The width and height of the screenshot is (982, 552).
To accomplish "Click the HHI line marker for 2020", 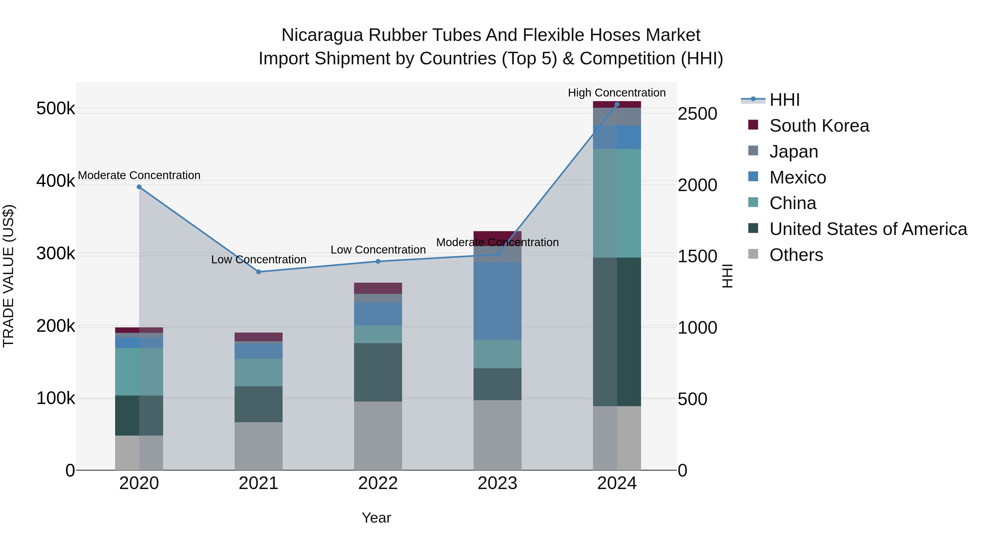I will [x=139, y=187].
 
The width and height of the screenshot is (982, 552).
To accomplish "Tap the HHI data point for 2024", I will [x=617, y=104].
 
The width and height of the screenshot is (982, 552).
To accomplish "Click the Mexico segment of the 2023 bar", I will [x=498, y=301].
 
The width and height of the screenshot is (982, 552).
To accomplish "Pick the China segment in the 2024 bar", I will [x=617, y=203].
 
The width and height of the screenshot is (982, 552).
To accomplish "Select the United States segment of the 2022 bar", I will [x=378, y=372].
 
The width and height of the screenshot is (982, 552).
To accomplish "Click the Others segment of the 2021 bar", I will [x=259, y=446].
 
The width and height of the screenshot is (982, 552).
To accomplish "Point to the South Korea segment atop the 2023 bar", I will [x=498, y=236].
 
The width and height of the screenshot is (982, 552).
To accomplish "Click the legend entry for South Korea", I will [x=819, y=126].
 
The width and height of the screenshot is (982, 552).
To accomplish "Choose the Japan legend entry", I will [x=794, y=152].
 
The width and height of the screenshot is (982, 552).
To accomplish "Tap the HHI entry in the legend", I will [x=784, y=100].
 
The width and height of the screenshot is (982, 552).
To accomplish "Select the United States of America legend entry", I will [x=868, y=229].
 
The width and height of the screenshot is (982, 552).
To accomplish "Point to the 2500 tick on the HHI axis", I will [x=697, y=114].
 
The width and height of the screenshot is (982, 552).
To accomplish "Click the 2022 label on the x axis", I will [x=378, y=483].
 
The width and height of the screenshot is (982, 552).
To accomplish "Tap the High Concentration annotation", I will [x=616, y=93].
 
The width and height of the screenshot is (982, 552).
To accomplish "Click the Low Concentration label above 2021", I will [x=259, y=260].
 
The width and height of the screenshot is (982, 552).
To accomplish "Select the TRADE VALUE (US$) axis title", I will [x=8, y=276].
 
